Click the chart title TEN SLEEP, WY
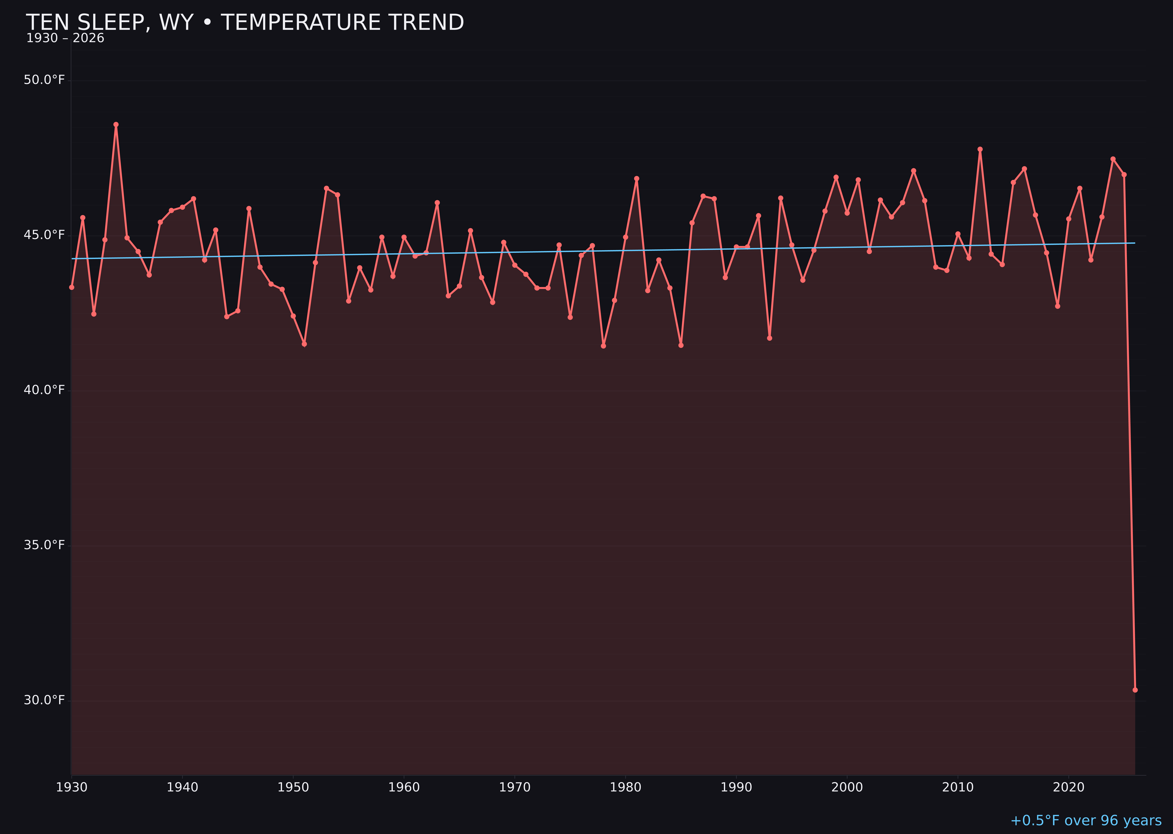pos(245,23)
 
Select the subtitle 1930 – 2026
pos(65,38)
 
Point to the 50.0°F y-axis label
pos(44,80)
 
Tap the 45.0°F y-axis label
pos(44,235)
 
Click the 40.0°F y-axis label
pos(44,390)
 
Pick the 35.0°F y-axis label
pos(44,545)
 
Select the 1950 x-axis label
pos(293,787)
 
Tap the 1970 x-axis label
pos(515,787)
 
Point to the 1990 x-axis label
pos(736,787)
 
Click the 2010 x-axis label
pos(958,787)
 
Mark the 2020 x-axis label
pos(1069,787)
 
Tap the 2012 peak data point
pos(980,150)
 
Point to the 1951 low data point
pos(304,344)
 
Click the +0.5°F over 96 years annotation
pos(1086,821)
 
